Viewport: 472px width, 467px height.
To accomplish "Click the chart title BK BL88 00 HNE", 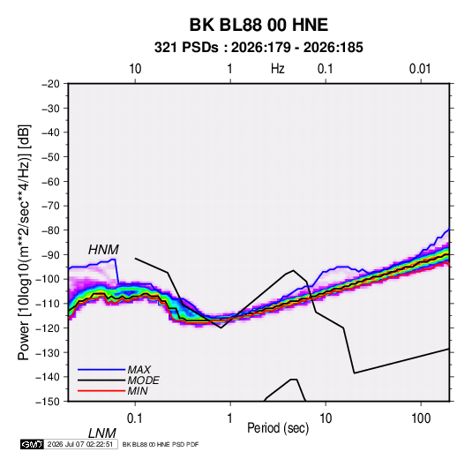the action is click(x=258, y=25).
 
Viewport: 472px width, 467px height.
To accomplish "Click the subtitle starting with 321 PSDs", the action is click(x=258, y=48).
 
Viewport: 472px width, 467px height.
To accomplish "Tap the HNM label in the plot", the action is click(x=103, y=250).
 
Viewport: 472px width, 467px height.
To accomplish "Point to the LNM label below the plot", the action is click(x=101, y=433).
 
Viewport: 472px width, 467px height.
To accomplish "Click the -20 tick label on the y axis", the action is click(x=50, y=84).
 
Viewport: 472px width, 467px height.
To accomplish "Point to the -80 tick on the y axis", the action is click(x=50, y=230).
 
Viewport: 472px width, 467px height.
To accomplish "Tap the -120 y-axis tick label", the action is click(x=48, y=328).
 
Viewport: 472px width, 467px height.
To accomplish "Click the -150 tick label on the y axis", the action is click(x=48, y=402).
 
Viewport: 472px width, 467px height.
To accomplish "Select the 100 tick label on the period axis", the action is click(x=421, y=418).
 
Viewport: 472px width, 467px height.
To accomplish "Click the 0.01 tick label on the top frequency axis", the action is click(x=420, y=69).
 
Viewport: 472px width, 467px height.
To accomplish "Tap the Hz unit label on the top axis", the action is click(x=278, y=69).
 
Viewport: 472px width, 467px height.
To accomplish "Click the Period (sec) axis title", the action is click(x=278, y=428).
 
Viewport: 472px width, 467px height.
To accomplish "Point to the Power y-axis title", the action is click(x=24, y=243).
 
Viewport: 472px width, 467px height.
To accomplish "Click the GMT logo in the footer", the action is click(x=33, y=444).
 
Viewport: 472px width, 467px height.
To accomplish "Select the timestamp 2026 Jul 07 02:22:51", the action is click(x=80, y=444).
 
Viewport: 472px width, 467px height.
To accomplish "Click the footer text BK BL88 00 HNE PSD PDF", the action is click(x=161, y=444).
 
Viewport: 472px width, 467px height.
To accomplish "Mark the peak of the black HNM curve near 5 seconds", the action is click(x=293, y=270).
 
